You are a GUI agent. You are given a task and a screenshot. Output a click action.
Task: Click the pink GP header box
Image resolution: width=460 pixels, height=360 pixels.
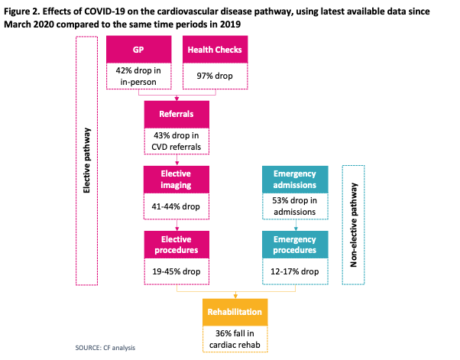pyautogui.click(x=139, y=49)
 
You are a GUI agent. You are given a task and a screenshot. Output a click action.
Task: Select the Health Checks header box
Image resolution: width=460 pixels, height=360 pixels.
pyautogui.click(x=215, y=49)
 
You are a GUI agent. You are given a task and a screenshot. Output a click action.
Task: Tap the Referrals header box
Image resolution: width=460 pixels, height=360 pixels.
pyautogui.click(x=177, y=115)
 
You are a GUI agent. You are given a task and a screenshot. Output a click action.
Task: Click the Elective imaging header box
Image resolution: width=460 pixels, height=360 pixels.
pyautogui.click(x=177, y=180)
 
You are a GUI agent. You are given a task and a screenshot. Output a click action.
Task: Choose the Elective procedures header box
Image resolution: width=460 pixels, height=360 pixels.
pyautogui.click(x=177, y=245)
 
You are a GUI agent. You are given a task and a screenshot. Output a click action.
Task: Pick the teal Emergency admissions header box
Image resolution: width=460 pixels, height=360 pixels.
pyautogui.click(x=295, y=180)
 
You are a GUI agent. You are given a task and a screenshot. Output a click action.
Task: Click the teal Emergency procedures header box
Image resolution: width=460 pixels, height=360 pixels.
pyautogui.click(x=295, y=245)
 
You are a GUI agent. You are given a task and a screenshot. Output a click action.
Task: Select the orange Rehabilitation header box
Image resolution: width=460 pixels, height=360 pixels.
pyautogui.click(x=235, y=312)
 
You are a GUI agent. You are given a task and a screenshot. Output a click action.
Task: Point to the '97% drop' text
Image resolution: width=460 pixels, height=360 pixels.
pyautogui.click(x=215, y=76)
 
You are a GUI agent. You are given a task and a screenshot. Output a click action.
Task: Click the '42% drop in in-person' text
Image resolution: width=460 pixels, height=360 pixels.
pyautogui.click(x=138, y=76)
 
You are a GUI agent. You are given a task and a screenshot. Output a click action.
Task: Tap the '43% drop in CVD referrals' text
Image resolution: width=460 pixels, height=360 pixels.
pyautogui.click(x=177, y=141)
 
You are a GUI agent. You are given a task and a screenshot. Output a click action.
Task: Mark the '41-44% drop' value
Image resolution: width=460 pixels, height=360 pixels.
pyautogui.click(x=176, y=206)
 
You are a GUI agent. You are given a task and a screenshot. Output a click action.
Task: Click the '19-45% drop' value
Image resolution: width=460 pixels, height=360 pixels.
pyautogui.click(x=177, y=271)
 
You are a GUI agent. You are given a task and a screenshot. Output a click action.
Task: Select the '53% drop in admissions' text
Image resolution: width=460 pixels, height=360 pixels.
pyautogui.click(x=294, y=206)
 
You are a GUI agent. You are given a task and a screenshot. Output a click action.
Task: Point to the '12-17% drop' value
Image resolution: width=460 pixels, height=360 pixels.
pyautogui.click(x=294, y=271)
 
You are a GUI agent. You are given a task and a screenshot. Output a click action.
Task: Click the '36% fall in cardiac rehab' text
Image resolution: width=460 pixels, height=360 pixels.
pyautogui.click(x=235, y=339)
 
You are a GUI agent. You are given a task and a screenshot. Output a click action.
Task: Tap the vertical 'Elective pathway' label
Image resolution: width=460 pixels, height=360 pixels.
pyautogui.click(x=86, y=161)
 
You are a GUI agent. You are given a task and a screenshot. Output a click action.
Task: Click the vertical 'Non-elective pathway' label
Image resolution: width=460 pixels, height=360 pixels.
pyautogui.click(x=354, y=225)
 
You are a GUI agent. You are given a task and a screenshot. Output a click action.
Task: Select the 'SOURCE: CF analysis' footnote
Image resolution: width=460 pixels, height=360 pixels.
pyautogui.click(x=105, y=348)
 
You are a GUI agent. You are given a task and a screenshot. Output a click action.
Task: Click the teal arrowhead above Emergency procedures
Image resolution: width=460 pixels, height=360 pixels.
pyautogui.click(x=296, y=229)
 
